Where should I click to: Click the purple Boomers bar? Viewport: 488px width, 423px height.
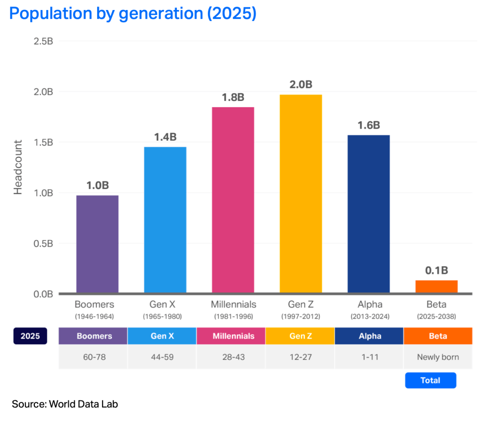click(97, 244)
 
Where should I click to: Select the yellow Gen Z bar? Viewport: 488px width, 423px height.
click(301, 193)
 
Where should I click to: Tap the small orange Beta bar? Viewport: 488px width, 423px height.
click(436, 286)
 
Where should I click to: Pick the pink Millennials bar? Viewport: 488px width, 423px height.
click(233, 200)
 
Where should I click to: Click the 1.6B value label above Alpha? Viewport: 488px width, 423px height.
click(368, 125)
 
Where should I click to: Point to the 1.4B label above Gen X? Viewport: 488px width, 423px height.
click(165, 137)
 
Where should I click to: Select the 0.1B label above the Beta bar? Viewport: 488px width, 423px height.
click(436, 271)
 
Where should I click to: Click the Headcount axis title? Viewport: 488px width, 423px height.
click(18, 167)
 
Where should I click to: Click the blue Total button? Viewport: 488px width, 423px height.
click(430, 381)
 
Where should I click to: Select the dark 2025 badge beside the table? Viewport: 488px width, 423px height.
click(31, 336)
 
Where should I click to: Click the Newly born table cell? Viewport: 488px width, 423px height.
click(437, 357)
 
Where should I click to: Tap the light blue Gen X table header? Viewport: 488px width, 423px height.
click(162, 336)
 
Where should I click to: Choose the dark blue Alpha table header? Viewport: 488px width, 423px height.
click(369, 336)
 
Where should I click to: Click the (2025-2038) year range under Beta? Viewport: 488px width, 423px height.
click(436, 316)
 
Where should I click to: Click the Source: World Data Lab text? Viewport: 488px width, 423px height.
click(65, 404)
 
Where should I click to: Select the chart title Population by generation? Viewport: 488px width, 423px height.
click(133, 13)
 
